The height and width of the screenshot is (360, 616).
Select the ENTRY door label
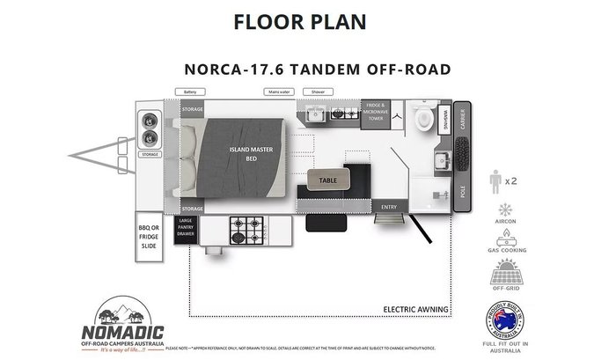pos(388,206)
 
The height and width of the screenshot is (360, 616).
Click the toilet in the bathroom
pos(424,120)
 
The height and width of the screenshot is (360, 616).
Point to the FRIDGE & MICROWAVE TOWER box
pos(378,114)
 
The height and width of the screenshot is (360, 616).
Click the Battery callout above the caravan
pos(189,91)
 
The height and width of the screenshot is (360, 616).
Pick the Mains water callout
pos(279,91)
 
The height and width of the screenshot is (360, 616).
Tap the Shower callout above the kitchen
pos(318,91)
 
